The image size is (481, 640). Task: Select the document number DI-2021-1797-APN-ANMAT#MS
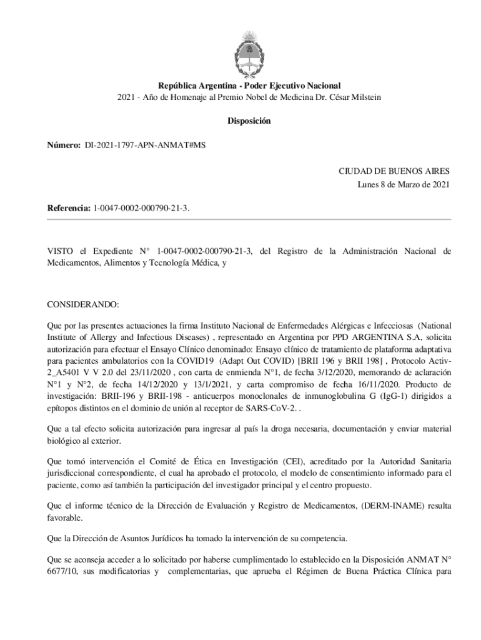(146, 145)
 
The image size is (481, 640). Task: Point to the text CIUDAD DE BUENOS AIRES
(394, 170)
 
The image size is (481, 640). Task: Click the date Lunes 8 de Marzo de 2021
(404, 184)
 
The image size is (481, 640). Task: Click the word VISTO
(60, 251)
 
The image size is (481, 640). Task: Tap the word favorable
(64, 518)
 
